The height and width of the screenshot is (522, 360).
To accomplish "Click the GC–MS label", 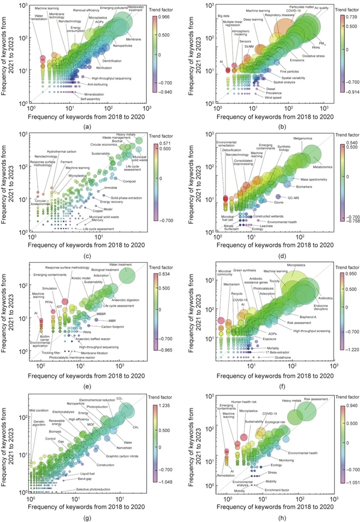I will click(304, 199).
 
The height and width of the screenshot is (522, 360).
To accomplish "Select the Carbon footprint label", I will click(116, 327).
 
